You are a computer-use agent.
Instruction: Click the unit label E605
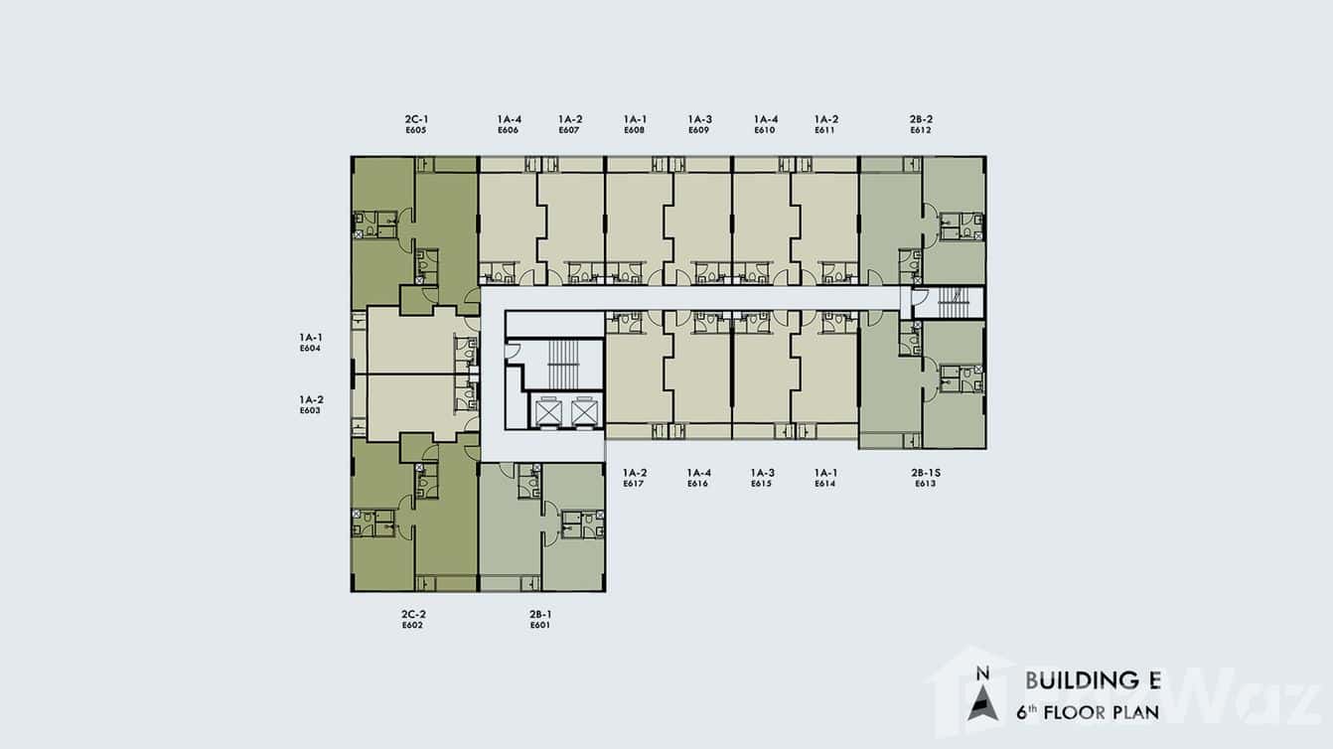point(416,130)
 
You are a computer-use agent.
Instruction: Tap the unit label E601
point(540,625)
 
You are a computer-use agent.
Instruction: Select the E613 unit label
point(926,484)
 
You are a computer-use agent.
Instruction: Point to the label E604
point(310,349)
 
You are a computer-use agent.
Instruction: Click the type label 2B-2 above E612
point(921,119)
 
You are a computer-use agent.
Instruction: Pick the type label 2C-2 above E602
point(413,614)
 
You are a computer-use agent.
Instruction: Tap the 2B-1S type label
point(926,473)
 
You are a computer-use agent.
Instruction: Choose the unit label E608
point(635,130)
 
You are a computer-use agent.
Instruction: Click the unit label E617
point(634,484)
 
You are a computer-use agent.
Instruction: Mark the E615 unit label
point(761,484)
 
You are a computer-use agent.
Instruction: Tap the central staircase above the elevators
point(562,365)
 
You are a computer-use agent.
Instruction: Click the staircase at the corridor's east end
point(954,303)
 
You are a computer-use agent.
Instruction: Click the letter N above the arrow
point(983,674)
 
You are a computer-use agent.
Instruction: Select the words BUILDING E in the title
point(1094,680)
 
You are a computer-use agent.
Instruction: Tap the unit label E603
point(310,410)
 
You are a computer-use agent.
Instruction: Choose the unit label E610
point(765,130)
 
